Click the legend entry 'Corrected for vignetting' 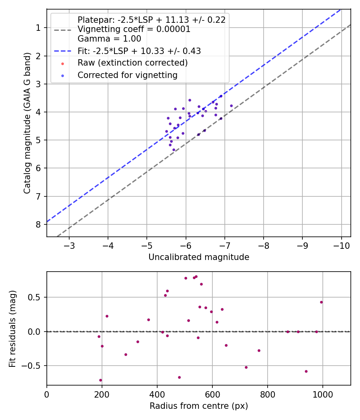tap(127, 75)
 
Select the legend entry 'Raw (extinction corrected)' tap(132, 63)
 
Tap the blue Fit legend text tap(139, 51)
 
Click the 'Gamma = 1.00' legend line tap(109, 39)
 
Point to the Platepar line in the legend tap(151, 20)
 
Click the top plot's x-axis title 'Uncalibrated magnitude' tap(199, 257)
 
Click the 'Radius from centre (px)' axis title tap(199, 406)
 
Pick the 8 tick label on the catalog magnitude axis tap(38, 224)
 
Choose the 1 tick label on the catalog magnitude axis tap(38, 28)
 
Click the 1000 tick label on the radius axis tap(322, 394)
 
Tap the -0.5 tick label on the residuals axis tap(33, 366)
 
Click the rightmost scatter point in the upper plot tap(231, 106)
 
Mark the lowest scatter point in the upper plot tap(174, 150)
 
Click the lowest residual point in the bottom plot tap(100, 380)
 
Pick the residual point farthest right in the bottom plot tap(321, 302)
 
